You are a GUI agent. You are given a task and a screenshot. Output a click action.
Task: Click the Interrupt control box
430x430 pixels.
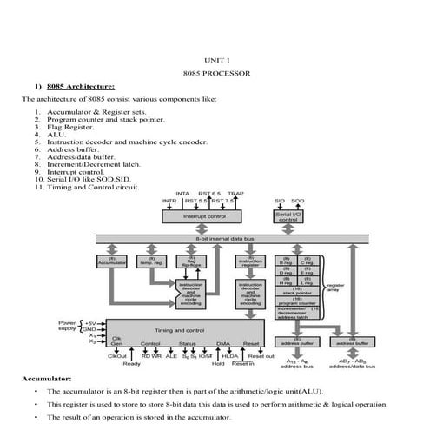[205, 215]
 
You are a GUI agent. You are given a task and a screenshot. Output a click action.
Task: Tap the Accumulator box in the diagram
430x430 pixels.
[112, 261]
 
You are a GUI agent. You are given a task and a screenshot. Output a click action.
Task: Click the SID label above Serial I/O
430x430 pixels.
[280, 201]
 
